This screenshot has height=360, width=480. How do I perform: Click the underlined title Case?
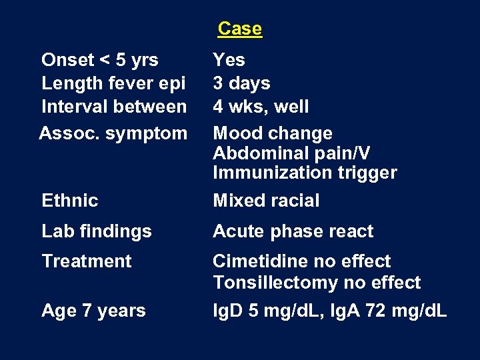[x=239, y=29]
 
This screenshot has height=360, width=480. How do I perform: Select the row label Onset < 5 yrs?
[x=100, y=60]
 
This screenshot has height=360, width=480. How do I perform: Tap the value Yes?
[x=229, y=60]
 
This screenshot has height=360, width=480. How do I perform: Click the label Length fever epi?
[x=113, y=83]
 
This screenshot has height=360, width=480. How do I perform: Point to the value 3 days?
[x=241, y=83]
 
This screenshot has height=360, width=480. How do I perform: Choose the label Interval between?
[x=114, y=107]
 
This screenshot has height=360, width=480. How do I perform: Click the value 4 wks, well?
[x=261, y=107]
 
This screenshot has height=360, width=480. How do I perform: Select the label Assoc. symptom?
[x=113, y=133]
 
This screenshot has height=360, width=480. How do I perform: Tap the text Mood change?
[x=273, y=133]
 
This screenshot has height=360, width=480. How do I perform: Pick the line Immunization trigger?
[x=305, y=173]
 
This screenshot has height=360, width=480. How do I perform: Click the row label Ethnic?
[x=69, y=201]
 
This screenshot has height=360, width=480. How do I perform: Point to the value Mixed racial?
[x=266, y=201]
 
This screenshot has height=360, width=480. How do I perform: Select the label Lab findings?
[x=97, y=231]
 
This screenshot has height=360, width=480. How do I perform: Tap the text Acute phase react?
[x=293, y=231]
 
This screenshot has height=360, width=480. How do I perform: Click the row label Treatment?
[x=87, y=261]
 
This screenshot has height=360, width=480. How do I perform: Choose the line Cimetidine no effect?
[x=301, y=261]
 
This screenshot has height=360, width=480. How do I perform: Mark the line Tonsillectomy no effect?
[x=317, y=283]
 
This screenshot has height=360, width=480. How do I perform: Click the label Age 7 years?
[x=93, y=311]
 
